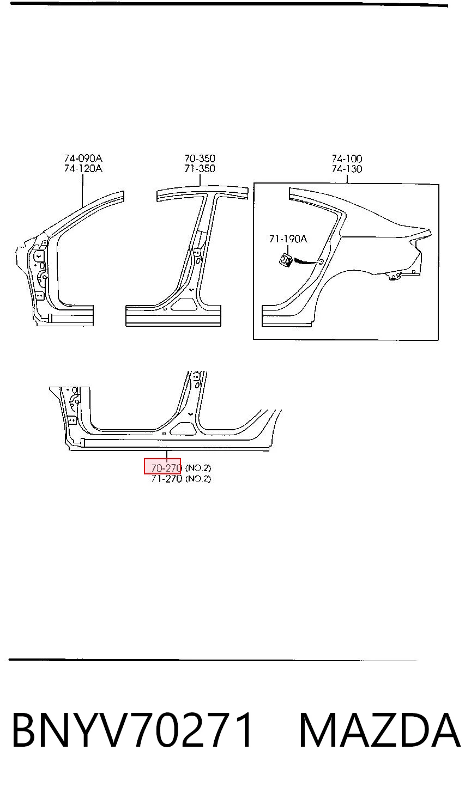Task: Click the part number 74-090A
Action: (x=83, y=158)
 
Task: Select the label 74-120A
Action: (x=83, y=168)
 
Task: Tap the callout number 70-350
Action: (x=200, y=158)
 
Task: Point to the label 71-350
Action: (x=200, y=168)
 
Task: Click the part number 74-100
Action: (x=347, y=158)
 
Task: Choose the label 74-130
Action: (x=347, y=168)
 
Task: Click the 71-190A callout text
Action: (x=288, y=239)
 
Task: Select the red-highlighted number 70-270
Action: (x=166, y=468)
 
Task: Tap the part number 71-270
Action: (x=166, y=479)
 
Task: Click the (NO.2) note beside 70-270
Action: (x=198, y=468)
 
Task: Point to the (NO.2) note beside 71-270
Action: (x=198, y=479)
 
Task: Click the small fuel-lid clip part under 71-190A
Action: (x=285, y=259)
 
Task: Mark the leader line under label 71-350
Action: (x=200, y=180)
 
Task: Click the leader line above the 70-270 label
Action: (x=166, y=456)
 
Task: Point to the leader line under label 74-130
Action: (x=347, y=179)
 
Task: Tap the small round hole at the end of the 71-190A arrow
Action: (x=321, y=262)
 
